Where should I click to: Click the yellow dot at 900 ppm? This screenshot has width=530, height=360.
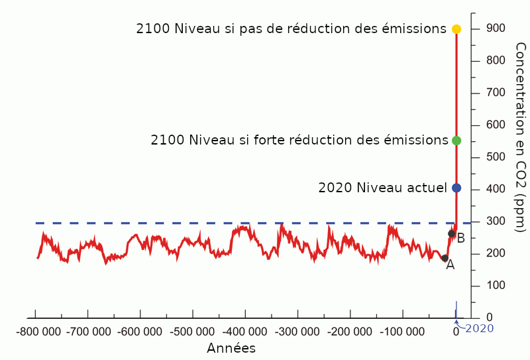[x=456, y=29]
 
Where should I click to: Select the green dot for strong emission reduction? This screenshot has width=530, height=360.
[x=456, y=141]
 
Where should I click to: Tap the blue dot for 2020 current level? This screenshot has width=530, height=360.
[x=456, y=188]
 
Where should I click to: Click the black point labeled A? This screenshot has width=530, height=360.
[x=445, y=258]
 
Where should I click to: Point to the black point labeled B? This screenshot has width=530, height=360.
[x=451, y=233]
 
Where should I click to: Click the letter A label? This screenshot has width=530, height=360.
[x=450, y=265]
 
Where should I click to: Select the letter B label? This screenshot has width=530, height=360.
[x=460, y=238]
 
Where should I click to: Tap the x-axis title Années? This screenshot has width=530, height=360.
[x=231, y=348]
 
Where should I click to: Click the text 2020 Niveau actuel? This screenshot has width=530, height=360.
[x=382, y=188]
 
